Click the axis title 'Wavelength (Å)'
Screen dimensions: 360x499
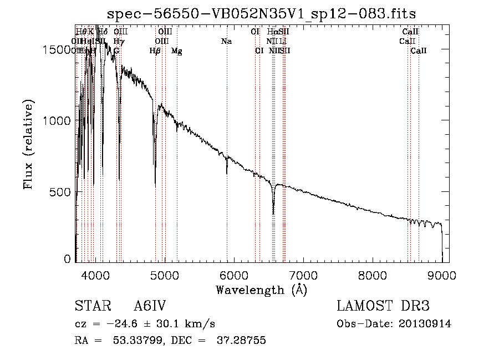(x=261, y=290)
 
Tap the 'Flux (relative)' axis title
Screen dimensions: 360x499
(x=28, y=144)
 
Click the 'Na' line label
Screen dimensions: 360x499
(x=226, y=42)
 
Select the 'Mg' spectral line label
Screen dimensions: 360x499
(x=177, y=51)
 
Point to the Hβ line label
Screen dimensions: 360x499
(x=155, y=51)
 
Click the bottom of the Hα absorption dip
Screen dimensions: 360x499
(x=273, y=213)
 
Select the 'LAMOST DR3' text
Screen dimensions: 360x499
(x=383, y=306)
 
